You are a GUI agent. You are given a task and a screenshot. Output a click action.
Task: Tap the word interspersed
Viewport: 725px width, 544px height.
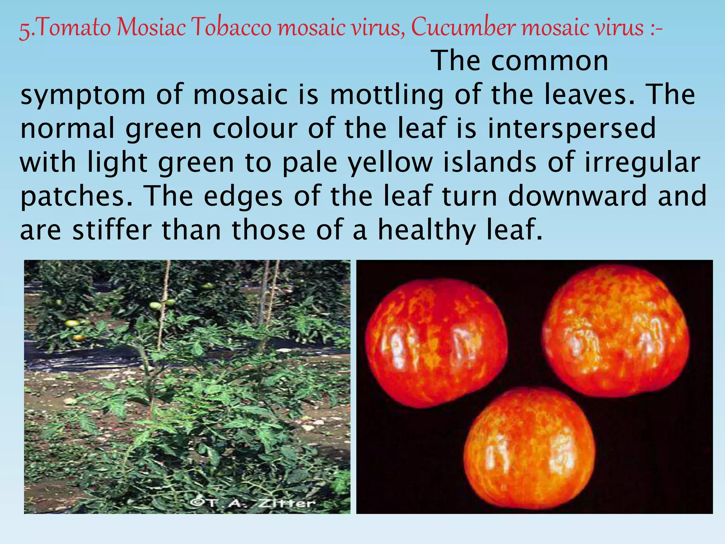coord(572,128)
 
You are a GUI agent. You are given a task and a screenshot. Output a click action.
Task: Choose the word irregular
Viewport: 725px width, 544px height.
coord(642,163)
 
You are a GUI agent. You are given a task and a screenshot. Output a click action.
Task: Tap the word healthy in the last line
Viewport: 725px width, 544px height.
coord(427,230)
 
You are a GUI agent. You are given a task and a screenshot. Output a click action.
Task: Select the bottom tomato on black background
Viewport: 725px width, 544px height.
coord(529,450)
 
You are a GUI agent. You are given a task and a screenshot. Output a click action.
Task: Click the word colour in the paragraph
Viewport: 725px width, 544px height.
coord(255,128)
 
